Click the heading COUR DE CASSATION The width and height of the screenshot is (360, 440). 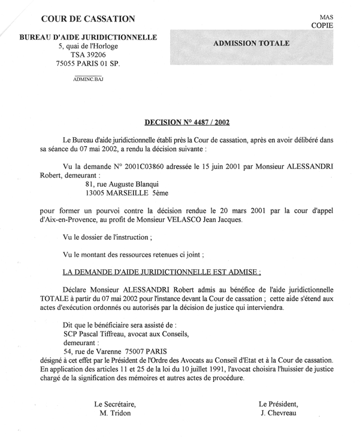coord(87,19)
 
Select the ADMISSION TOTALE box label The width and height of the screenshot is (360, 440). coord(252,44)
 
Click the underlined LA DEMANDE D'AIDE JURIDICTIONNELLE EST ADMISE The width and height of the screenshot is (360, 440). coord(162,272)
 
